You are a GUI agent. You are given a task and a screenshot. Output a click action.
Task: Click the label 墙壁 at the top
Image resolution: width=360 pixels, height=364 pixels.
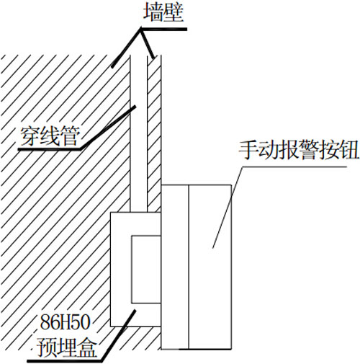coord(163,13)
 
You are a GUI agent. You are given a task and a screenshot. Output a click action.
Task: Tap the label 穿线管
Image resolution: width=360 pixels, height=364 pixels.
coord(50,136)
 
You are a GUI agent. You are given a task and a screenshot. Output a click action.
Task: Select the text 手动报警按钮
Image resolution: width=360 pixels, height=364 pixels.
coord(299,151)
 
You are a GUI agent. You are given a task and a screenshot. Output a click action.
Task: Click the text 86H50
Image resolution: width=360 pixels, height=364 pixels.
coord(65,322)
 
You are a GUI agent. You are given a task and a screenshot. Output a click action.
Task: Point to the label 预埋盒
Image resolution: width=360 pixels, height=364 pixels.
coord(66,347)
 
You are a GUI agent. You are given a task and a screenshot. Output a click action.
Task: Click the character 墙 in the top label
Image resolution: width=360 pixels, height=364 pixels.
coord(153,13)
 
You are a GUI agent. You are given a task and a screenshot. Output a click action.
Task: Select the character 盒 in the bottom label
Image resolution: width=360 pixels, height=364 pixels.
coord(86,347)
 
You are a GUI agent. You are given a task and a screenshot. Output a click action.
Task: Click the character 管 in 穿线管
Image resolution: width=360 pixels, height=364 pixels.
coord(70,136)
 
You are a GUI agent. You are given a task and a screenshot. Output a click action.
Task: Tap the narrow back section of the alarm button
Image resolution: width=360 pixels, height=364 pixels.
coord(175,267)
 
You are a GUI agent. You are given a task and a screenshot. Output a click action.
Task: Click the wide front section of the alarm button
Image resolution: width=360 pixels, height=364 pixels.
coord(210,267)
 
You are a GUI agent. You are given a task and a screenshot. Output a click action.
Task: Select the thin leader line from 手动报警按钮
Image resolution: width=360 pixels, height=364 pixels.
coord(228,207)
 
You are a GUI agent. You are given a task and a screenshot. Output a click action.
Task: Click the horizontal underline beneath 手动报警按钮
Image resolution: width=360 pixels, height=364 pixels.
coord(294,167)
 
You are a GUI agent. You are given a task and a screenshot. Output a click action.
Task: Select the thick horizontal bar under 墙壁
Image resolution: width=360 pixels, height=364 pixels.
coord(163,30)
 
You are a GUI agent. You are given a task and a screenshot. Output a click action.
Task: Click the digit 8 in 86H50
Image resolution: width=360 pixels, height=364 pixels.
coord(45,322)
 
